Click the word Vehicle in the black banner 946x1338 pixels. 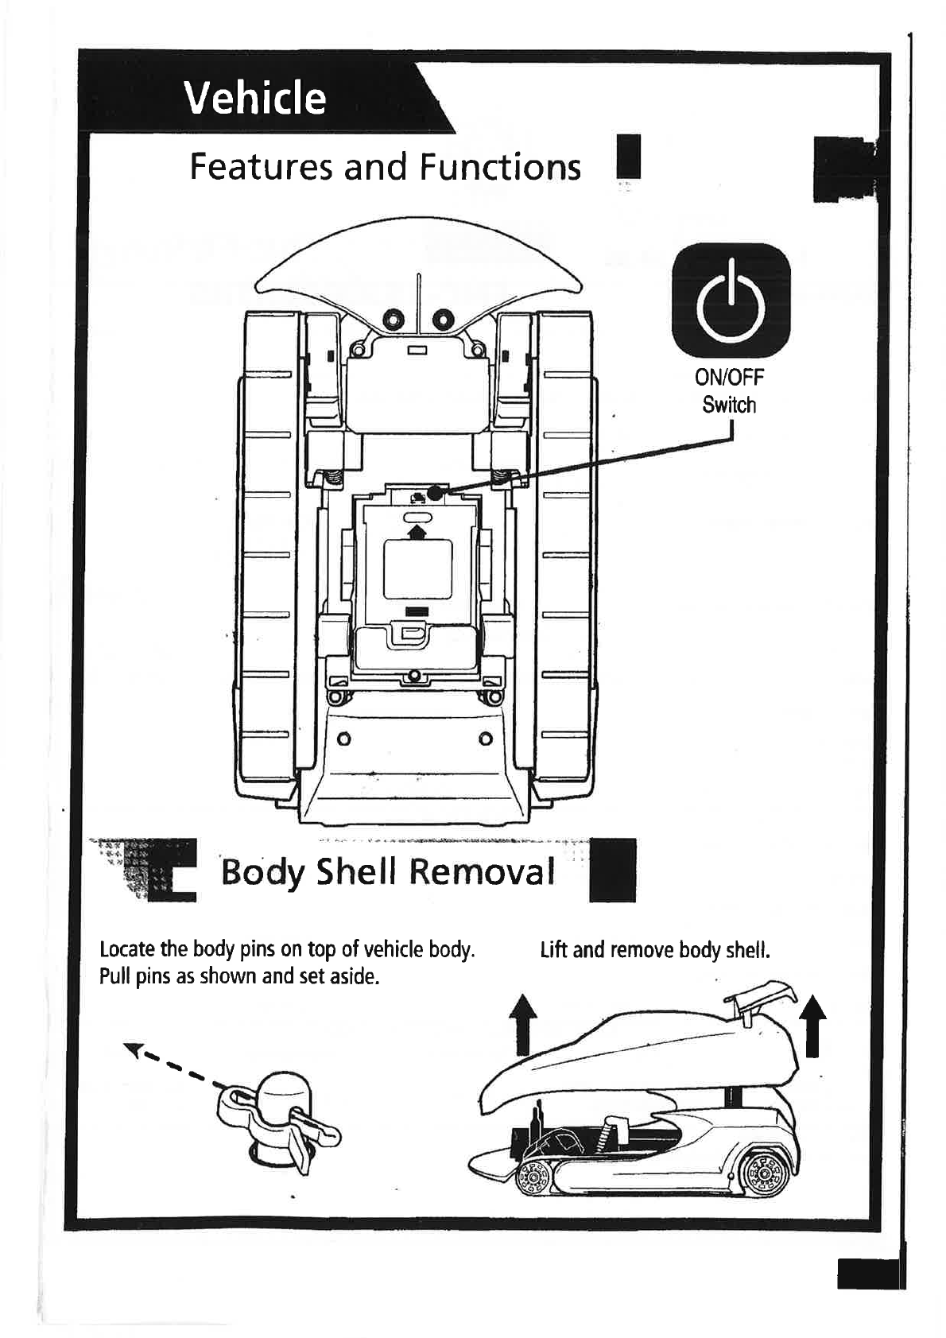(254, 98)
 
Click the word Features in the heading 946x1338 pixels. (259, 167)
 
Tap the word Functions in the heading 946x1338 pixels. (500, 167)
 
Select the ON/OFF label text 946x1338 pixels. (729, 378)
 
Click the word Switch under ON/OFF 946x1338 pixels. (729, 405)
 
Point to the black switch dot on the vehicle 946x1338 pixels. (434, 493)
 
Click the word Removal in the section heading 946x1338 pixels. (482, 872)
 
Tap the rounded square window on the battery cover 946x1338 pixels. (417, 569)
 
